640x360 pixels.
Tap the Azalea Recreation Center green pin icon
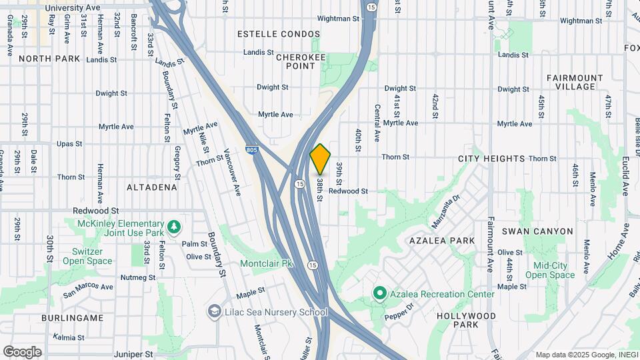(x=380, y=293)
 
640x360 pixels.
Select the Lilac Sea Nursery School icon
(x=215, y=311)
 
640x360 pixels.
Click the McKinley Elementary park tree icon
(x=173, y=227)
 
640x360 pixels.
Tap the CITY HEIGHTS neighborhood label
(x=491, y=159)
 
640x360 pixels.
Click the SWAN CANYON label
(x=537, y=231)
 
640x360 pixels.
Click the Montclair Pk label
(x=267, y=263)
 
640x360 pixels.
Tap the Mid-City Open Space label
(x=549, y=270)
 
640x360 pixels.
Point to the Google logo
(x=22, y=351)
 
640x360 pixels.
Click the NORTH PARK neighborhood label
(x=49, y=59)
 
